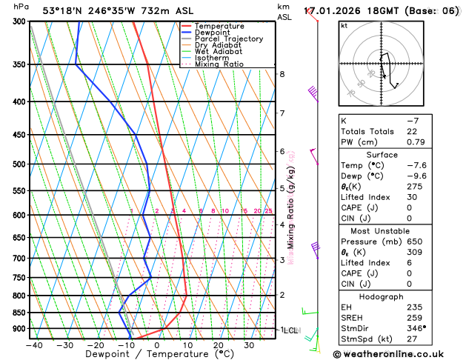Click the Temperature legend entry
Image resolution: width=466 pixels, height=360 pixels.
coord(220,26)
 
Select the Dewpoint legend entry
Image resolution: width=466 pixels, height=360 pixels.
coord(215,33)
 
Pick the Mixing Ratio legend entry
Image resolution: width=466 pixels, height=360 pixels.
coord(220,64)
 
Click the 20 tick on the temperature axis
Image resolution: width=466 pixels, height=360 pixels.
coord(218,345)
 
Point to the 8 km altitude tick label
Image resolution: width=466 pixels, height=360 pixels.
coord(282,74)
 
